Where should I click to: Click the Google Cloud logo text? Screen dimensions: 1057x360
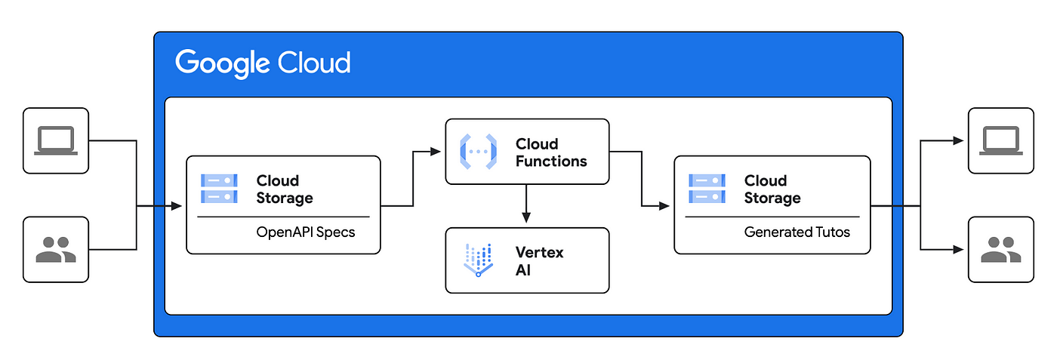(263, 63)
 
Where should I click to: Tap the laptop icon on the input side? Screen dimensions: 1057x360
(56, 140)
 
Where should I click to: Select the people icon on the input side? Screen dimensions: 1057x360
(56, 250)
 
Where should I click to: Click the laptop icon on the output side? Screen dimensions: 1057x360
(1001, 140)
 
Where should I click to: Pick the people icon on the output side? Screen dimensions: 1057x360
(1001, 250)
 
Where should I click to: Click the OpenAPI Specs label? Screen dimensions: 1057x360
(305, 232)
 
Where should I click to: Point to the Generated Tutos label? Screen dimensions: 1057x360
(797, 232)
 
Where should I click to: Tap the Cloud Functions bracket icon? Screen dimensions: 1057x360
(479, 152)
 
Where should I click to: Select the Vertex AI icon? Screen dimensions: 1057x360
(479, 260)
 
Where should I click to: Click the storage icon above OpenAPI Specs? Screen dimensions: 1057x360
(219, 189)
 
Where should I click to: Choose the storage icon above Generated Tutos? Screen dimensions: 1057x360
(707, 189)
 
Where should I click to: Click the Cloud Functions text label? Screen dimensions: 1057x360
(551, 152)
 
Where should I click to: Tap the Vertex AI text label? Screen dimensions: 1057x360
(539, 261)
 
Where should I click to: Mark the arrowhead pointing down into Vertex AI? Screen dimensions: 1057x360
(526, 217)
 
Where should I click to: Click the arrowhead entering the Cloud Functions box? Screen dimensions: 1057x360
(435, 152)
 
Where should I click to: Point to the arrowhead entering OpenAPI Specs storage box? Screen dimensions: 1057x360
(177, 206)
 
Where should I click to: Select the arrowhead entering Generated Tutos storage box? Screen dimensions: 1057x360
(664, 206)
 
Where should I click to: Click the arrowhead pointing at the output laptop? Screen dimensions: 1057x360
(958, 140)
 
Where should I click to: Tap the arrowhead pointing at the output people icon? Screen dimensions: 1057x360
(958, 250)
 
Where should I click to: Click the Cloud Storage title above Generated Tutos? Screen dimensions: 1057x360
(772, 189)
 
